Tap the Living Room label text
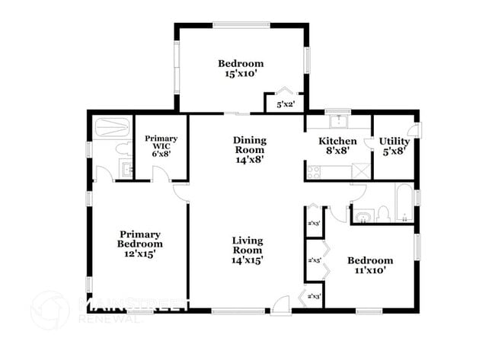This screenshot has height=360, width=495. [247, 250]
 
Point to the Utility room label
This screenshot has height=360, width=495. [394, 146]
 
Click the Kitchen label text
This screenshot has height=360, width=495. [337, 146]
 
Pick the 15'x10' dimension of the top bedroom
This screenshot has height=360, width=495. [241, 75]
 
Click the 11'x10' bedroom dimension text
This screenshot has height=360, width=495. [373, 270]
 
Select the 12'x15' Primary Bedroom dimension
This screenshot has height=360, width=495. [140, 254]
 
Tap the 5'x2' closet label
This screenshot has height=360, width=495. [285, 104]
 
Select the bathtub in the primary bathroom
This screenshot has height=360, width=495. [112, 126]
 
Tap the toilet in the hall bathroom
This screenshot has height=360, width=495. [385, 212]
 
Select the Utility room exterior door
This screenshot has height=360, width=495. [414, 129]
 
